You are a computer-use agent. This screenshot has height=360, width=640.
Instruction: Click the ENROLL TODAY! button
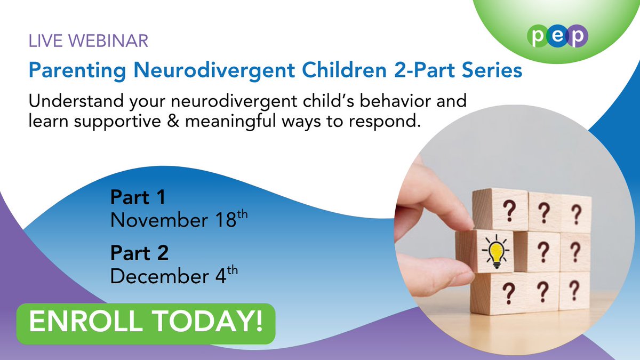146,323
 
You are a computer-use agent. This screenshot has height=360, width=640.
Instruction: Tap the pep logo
558,37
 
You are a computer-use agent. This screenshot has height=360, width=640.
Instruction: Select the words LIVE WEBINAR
89,41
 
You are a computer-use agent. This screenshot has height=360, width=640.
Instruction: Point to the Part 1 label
138,198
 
